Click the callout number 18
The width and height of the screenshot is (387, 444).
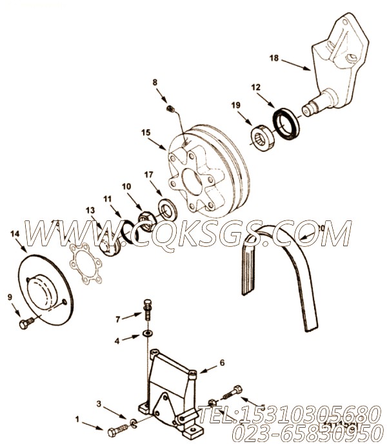pos(273,59)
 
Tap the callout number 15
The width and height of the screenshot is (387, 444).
pos(146,133)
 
